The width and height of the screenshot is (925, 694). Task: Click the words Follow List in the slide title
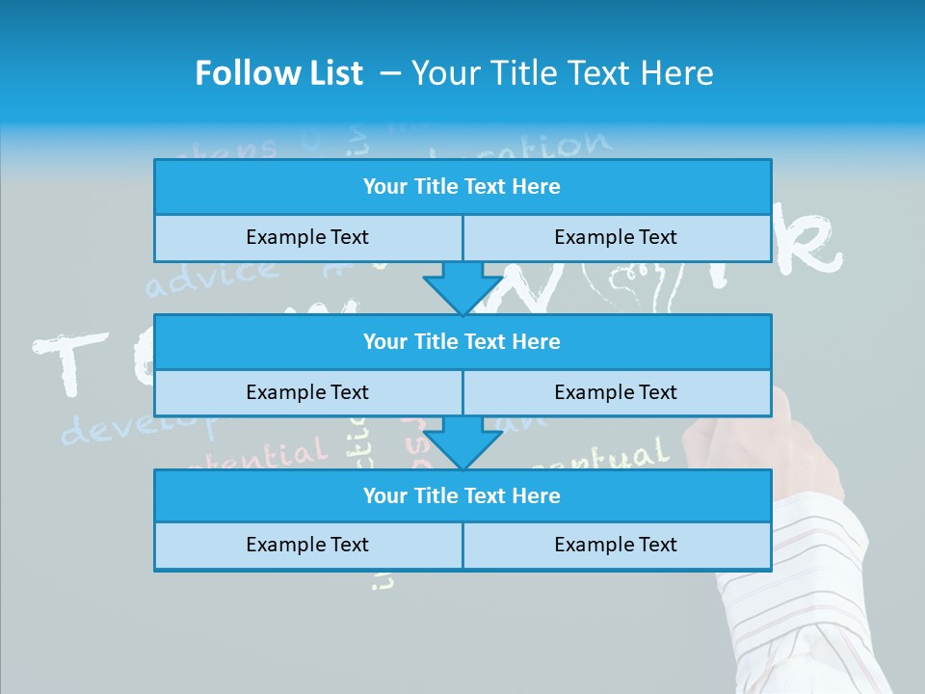[x=278, y=73]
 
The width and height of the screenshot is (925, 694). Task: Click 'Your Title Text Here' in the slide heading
[x=562, y=73]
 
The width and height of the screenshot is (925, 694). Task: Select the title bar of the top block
[x=462, y=187]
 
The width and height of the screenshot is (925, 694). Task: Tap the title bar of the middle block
[x=462, y=342]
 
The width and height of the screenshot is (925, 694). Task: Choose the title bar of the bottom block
[x=462, y=496]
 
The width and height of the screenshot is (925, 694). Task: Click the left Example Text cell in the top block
[x=307, y=238]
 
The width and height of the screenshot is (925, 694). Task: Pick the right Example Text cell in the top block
[x=616, y=238]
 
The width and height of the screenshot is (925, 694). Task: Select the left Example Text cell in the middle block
[x=307, y=393]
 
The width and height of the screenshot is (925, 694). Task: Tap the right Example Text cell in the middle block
[x=616, y=393]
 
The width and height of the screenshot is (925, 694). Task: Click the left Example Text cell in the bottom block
[x=307, y=546]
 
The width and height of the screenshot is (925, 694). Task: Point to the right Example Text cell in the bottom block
[x=616, y=546]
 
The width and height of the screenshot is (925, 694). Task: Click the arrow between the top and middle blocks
[x=462, y=288]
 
